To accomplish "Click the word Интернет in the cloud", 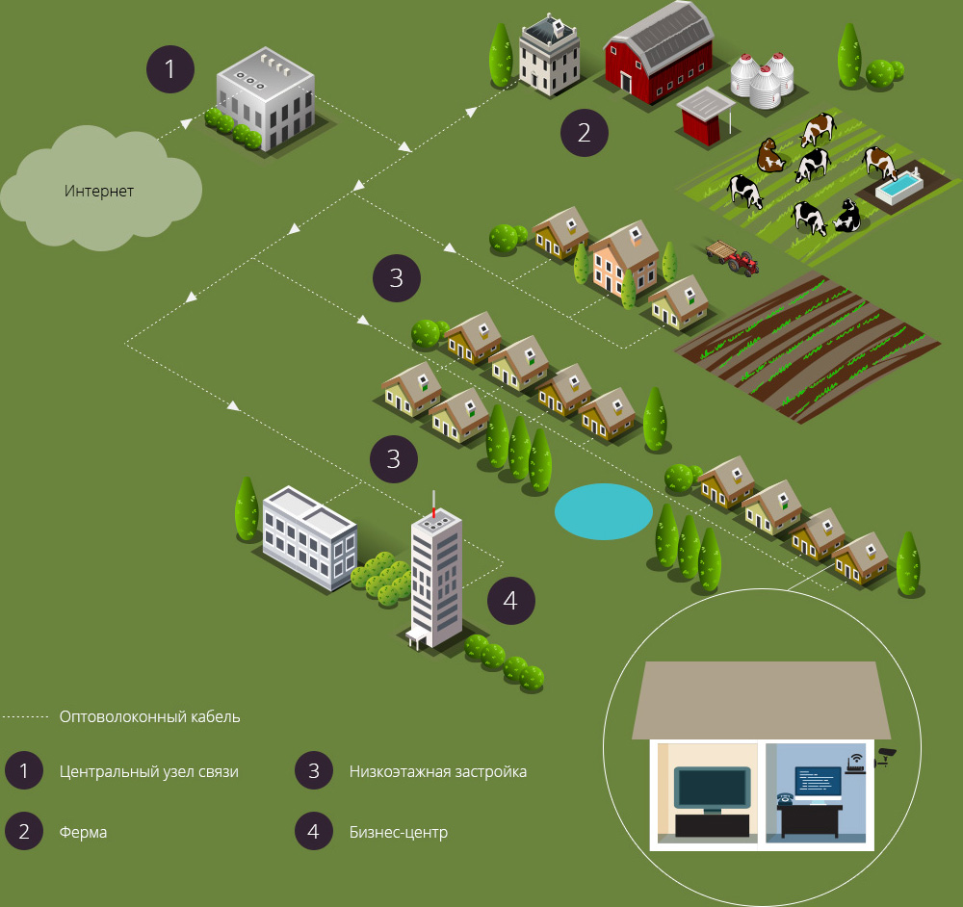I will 99,191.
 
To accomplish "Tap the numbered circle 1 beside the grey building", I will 170,69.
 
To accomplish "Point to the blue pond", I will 604,511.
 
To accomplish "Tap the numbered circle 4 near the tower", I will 510,601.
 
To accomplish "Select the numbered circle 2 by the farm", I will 585,132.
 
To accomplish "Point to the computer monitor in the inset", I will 817,785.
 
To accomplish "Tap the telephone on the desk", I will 785,799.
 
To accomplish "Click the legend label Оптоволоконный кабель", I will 149,716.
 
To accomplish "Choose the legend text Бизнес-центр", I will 398,831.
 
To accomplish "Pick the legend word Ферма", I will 83,831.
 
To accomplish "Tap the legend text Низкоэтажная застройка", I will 437,771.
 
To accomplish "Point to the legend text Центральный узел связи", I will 148,771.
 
